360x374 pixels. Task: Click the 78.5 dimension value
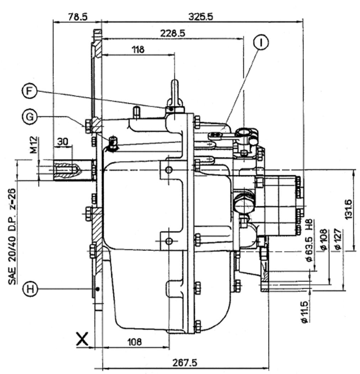click(77, 17)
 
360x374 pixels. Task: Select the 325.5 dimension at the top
click(202, 17)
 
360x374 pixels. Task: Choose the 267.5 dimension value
click(185, 363)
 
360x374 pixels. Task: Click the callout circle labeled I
click(261, 42)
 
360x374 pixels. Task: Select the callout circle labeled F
click(28, 91)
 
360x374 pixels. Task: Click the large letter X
click(82, 339)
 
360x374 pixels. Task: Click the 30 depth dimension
click(63, 141)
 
